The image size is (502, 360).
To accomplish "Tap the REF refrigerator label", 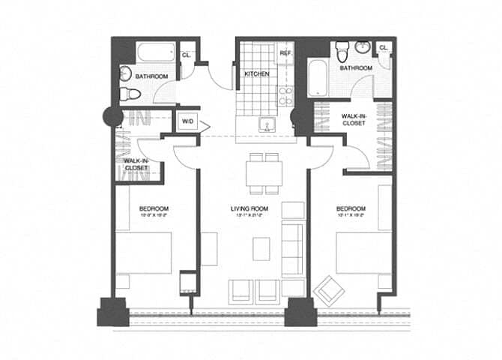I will (x=285, y=54).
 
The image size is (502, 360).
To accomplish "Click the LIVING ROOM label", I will (x=250, y=208).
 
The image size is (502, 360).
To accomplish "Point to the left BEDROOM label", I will (x=154, y=208).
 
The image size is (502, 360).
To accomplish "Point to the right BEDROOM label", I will (x=350, y=208).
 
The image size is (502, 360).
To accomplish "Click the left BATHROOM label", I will (x=152, y=76).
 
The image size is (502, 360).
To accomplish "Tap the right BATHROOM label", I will (x=355, y=68).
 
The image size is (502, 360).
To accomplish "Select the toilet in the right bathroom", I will (x=342, y=51).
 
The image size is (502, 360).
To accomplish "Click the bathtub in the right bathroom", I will (x=317, y=84).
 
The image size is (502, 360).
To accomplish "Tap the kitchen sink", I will (x=264, y=124).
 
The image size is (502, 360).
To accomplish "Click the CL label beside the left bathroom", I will (x=186, y=54).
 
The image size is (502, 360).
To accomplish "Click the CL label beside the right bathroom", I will (x=383, y=48).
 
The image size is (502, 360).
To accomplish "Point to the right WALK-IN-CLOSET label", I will (x=353, y=120).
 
